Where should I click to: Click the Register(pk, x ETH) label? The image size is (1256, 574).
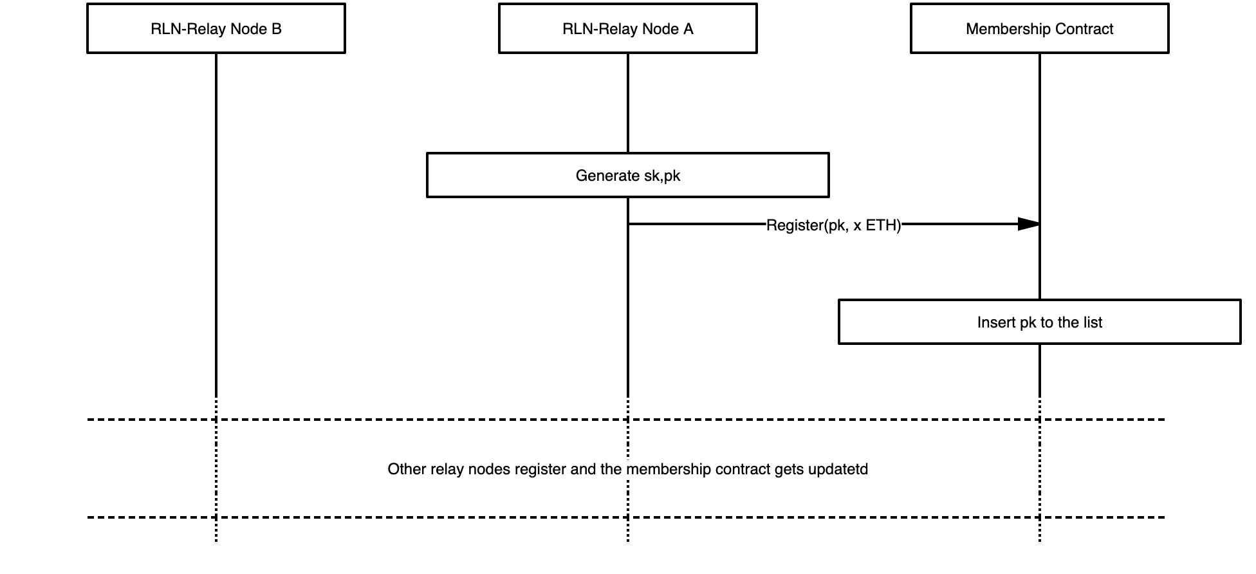(x=833, y=225)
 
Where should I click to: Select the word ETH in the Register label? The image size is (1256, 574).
(x=882, y=225)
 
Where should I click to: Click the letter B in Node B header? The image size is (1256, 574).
(x=277, y=29)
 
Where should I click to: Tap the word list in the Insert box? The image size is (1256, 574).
(x=1093, y=322)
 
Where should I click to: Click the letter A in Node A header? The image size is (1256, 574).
(x=688, y=29)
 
